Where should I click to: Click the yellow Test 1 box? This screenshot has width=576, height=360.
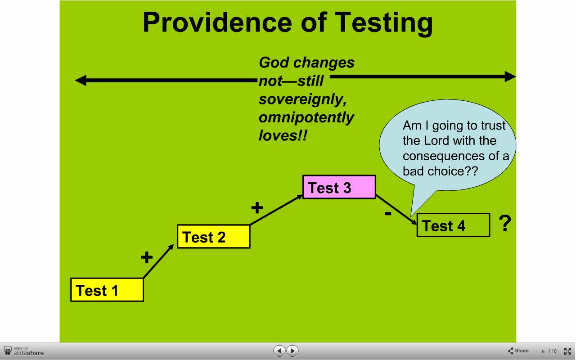[x=107, y=290]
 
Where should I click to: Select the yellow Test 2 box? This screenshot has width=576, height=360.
[x=213, y=237]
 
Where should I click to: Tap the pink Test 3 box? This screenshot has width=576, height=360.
[x=339, y=187]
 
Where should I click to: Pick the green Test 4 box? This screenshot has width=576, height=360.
[x=453, y=225]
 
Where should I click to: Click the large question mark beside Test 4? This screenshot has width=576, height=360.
[x=505, y=223]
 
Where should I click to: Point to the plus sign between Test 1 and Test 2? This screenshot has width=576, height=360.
[x=147, y=257]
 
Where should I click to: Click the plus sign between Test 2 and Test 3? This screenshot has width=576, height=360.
[x=257, y=207]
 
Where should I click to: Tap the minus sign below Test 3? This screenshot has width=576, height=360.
[x=388, y=213]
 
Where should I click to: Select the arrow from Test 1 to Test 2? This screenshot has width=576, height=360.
[x=158, y=261]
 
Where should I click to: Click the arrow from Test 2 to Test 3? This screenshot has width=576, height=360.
[x=276, y=210]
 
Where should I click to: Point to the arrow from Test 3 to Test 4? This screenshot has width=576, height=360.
[x=396, y=210]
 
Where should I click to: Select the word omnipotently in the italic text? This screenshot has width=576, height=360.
[x=306, y=118]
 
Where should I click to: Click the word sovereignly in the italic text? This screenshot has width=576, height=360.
[x=303, y=100]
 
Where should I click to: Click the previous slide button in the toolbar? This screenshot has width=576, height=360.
[x=279, y=351]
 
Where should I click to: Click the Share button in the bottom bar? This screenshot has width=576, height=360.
[x=518, y=351]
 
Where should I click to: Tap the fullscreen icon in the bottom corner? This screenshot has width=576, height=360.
[x=567, y=351]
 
